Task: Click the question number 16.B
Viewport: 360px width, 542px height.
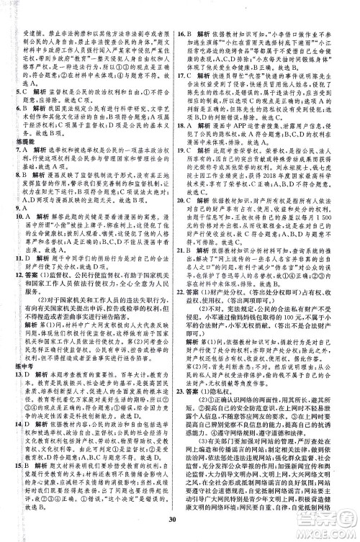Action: [184, 35]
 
